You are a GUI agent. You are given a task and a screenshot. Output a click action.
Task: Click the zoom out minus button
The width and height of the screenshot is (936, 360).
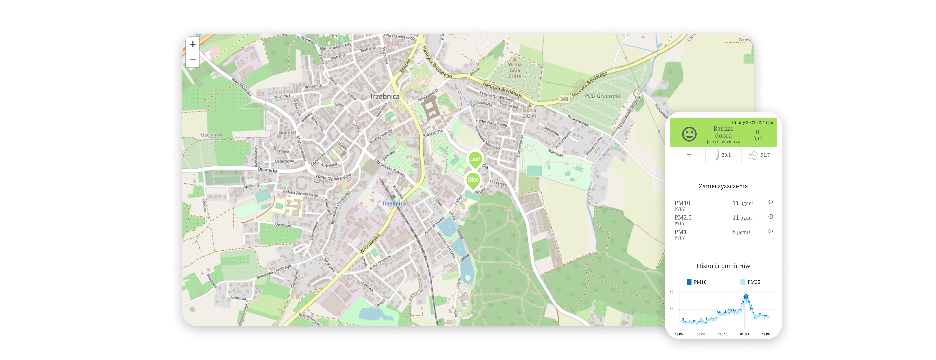point(193,60)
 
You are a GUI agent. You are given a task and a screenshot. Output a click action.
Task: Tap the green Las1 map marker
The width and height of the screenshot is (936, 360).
point(474,159)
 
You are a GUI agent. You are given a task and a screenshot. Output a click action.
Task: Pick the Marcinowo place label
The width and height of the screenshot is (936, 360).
point(212,135)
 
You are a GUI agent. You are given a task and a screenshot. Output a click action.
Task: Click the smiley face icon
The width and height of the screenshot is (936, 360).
point(689,134)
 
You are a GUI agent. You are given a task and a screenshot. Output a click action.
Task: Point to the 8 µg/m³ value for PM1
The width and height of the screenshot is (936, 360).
point(741,232)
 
